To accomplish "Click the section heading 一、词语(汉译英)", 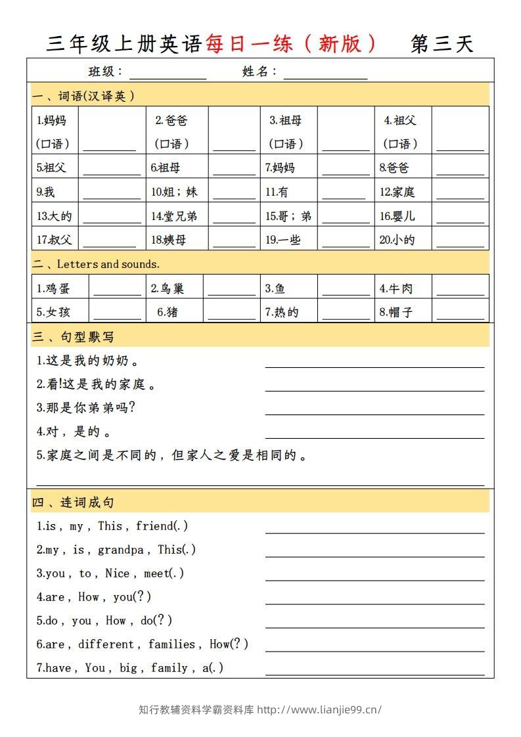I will [x=83, y=96].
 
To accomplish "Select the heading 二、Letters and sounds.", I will [x=96, y=264].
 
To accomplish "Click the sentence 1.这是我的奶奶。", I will [x=87, y=361].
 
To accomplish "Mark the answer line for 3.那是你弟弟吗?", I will [x=374, y=413].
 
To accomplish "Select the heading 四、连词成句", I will [x=73, y=502].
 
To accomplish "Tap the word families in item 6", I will [x=171, y=644].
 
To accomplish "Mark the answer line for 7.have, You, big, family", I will [x=374, y=673].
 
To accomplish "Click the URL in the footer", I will [x=319, y=709].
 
